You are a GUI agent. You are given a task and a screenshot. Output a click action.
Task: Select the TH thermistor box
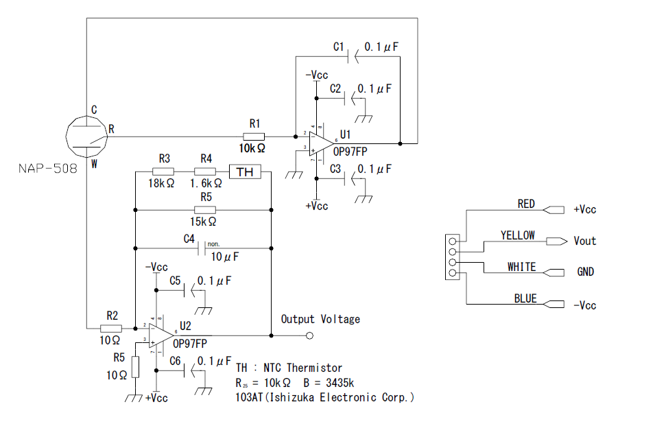coord(245,171)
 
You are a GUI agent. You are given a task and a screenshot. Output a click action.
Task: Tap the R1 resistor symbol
coord(254,136)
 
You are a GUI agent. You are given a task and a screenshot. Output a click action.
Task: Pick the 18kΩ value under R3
coord(162,184)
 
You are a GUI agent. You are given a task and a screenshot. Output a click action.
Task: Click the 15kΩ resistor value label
coord(204,222)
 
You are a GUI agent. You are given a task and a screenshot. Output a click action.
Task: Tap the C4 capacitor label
coord(189,239)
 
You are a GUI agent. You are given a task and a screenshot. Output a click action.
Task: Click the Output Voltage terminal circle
coord(309,335)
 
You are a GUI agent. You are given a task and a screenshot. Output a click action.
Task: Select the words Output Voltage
coord(320,319)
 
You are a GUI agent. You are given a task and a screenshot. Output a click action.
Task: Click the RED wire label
coord(526,204)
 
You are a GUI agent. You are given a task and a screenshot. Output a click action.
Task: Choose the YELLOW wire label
coord(518,235)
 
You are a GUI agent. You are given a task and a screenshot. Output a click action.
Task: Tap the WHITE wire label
coord(521,266)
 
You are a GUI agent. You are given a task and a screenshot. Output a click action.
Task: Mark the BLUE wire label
coord(525,299)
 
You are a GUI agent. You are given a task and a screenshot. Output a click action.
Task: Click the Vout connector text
coord(585,241)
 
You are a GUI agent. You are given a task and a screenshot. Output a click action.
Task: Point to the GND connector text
coord(585,272)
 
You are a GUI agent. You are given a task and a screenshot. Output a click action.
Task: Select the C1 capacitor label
coord(338,47)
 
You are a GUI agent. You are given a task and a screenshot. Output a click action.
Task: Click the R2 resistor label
coord(112,315)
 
